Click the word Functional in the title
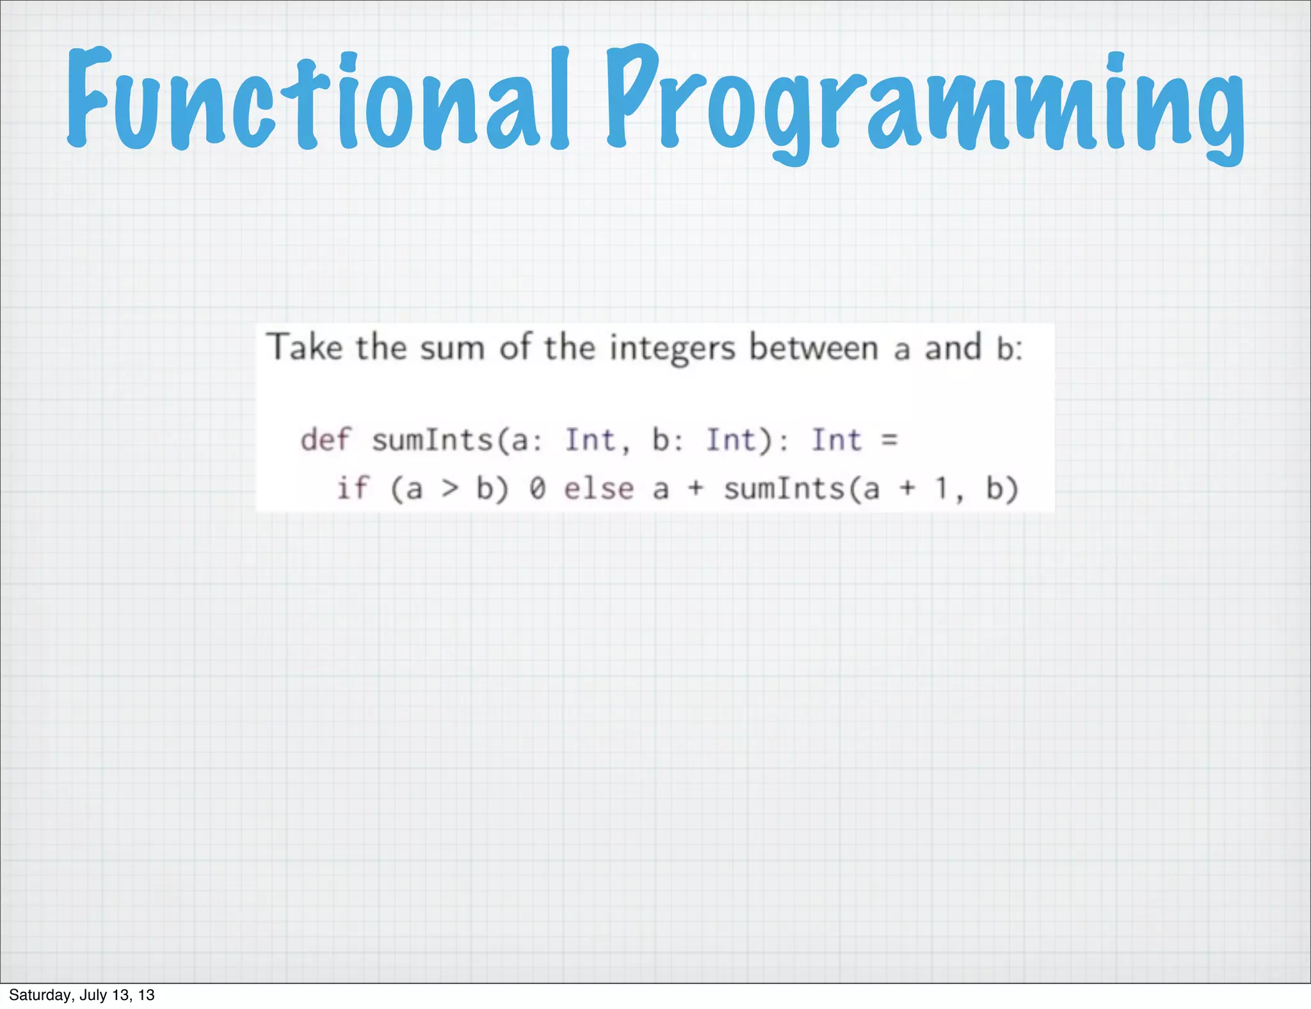(317, 99)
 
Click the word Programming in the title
(925, 102)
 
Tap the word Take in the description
(305, 347)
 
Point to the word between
(814, 348)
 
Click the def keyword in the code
(326, 440)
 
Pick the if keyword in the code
(352, 488)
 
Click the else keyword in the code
(599, 489)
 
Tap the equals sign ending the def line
(890, 440)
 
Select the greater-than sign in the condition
(450, 489)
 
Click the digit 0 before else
(536, 489)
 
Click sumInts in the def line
(433, 440)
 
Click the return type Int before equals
(837, 440)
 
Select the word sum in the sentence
(452, 349)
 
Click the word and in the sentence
(953, 348)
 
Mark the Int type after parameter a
(590, 440)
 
